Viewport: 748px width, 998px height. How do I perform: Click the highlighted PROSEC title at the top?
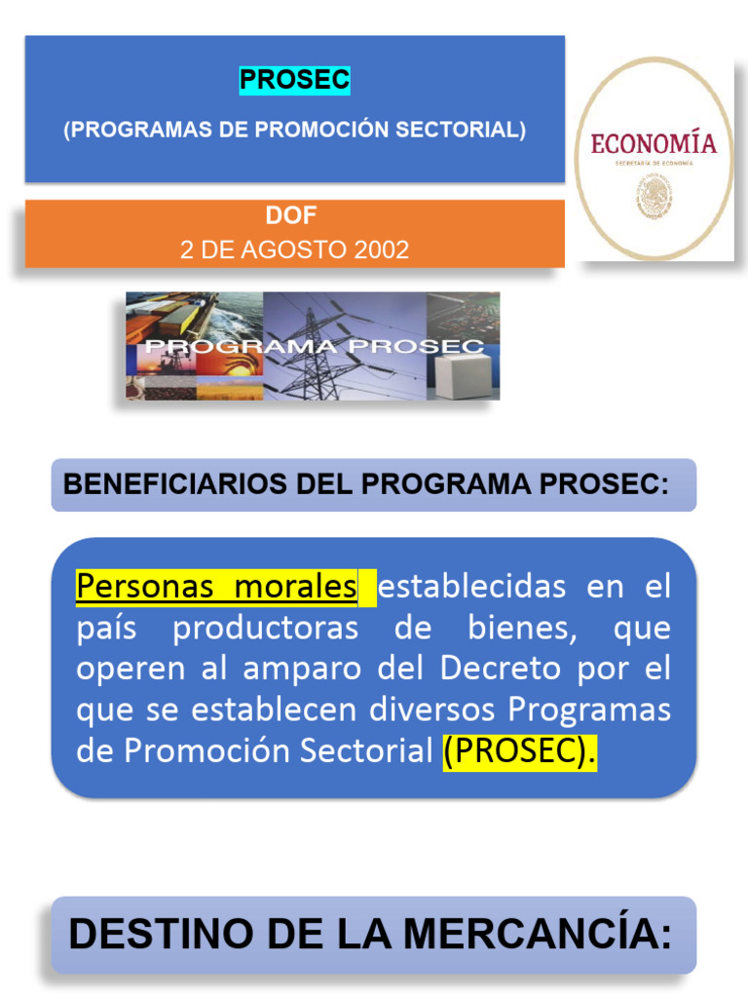tap(294, 82)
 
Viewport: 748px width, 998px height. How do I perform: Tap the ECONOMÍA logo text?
tap(654, 144)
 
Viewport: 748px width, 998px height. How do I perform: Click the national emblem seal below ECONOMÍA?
tap(654, 196)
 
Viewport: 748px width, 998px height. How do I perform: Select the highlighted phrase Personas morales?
tap(216, 587)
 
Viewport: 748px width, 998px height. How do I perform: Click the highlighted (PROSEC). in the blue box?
tap(519, 751)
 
